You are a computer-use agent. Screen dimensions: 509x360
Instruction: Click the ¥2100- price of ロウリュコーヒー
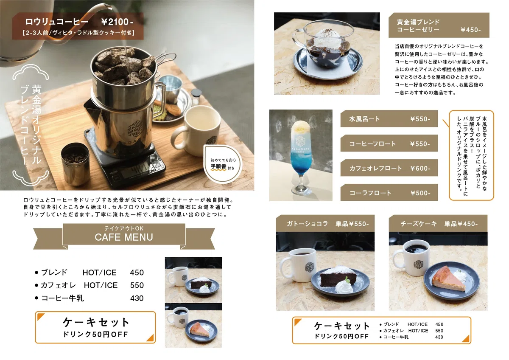[117, 22]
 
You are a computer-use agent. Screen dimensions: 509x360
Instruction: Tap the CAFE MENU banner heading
[124, 237]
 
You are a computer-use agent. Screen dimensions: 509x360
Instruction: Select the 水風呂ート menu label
[364, 119]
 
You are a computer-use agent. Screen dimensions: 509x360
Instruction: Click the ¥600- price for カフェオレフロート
[420, 168]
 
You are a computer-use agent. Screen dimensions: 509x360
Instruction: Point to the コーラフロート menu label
[370, 193]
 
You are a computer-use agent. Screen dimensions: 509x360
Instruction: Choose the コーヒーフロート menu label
[372, 144]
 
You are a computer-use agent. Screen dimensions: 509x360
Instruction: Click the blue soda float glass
[301, 157]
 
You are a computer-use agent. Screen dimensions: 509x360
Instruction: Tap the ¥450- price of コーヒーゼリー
[470, 30]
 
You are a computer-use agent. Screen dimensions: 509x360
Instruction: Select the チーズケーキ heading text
[419, 224]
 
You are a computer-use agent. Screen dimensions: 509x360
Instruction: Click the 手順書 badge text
[218, 166]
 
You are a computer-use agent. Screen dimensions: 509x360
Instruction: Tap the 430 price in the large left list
[137, 298]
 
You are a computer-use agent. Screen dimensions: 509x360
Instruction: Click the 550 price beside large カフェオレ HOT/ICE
[137, 285]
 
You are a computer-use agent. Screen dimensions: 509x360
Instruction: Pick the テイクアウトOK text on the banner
[124, 228]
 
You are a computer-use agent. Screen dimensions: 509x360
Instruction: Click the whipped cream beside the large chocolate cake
[344, 286]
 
